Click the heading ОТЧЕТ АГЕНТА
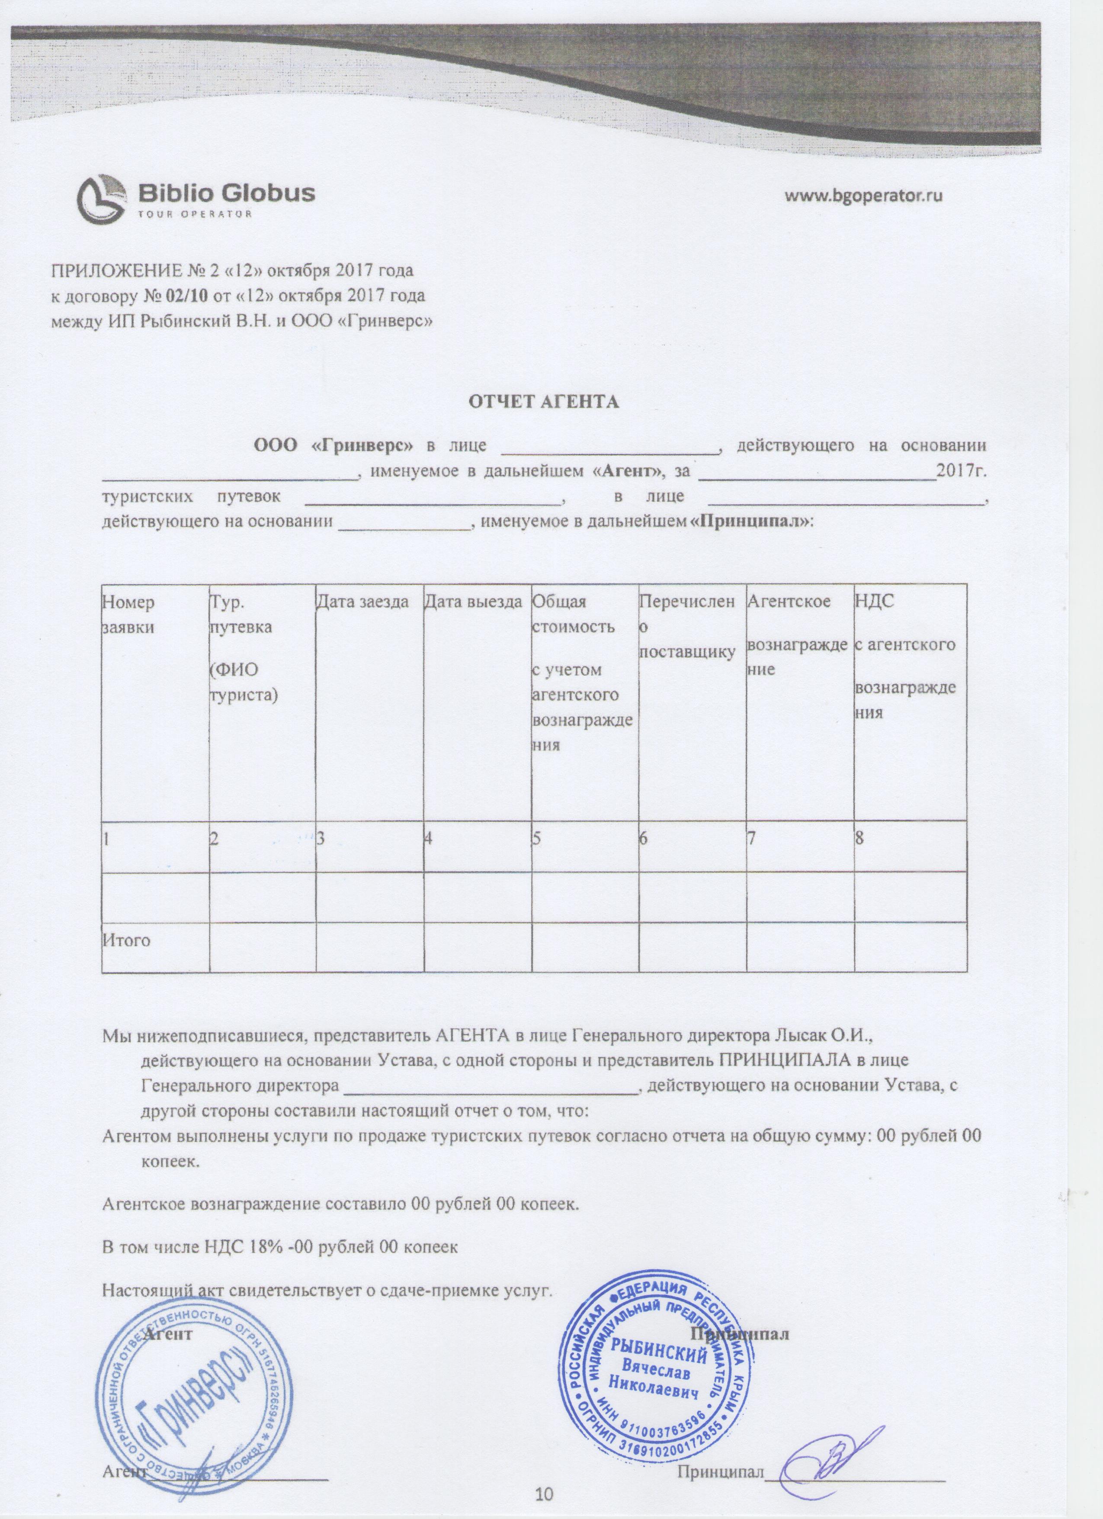click(543, 402)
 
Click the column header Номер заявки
click(128, 614)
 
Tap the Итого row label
click(126, 940)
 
